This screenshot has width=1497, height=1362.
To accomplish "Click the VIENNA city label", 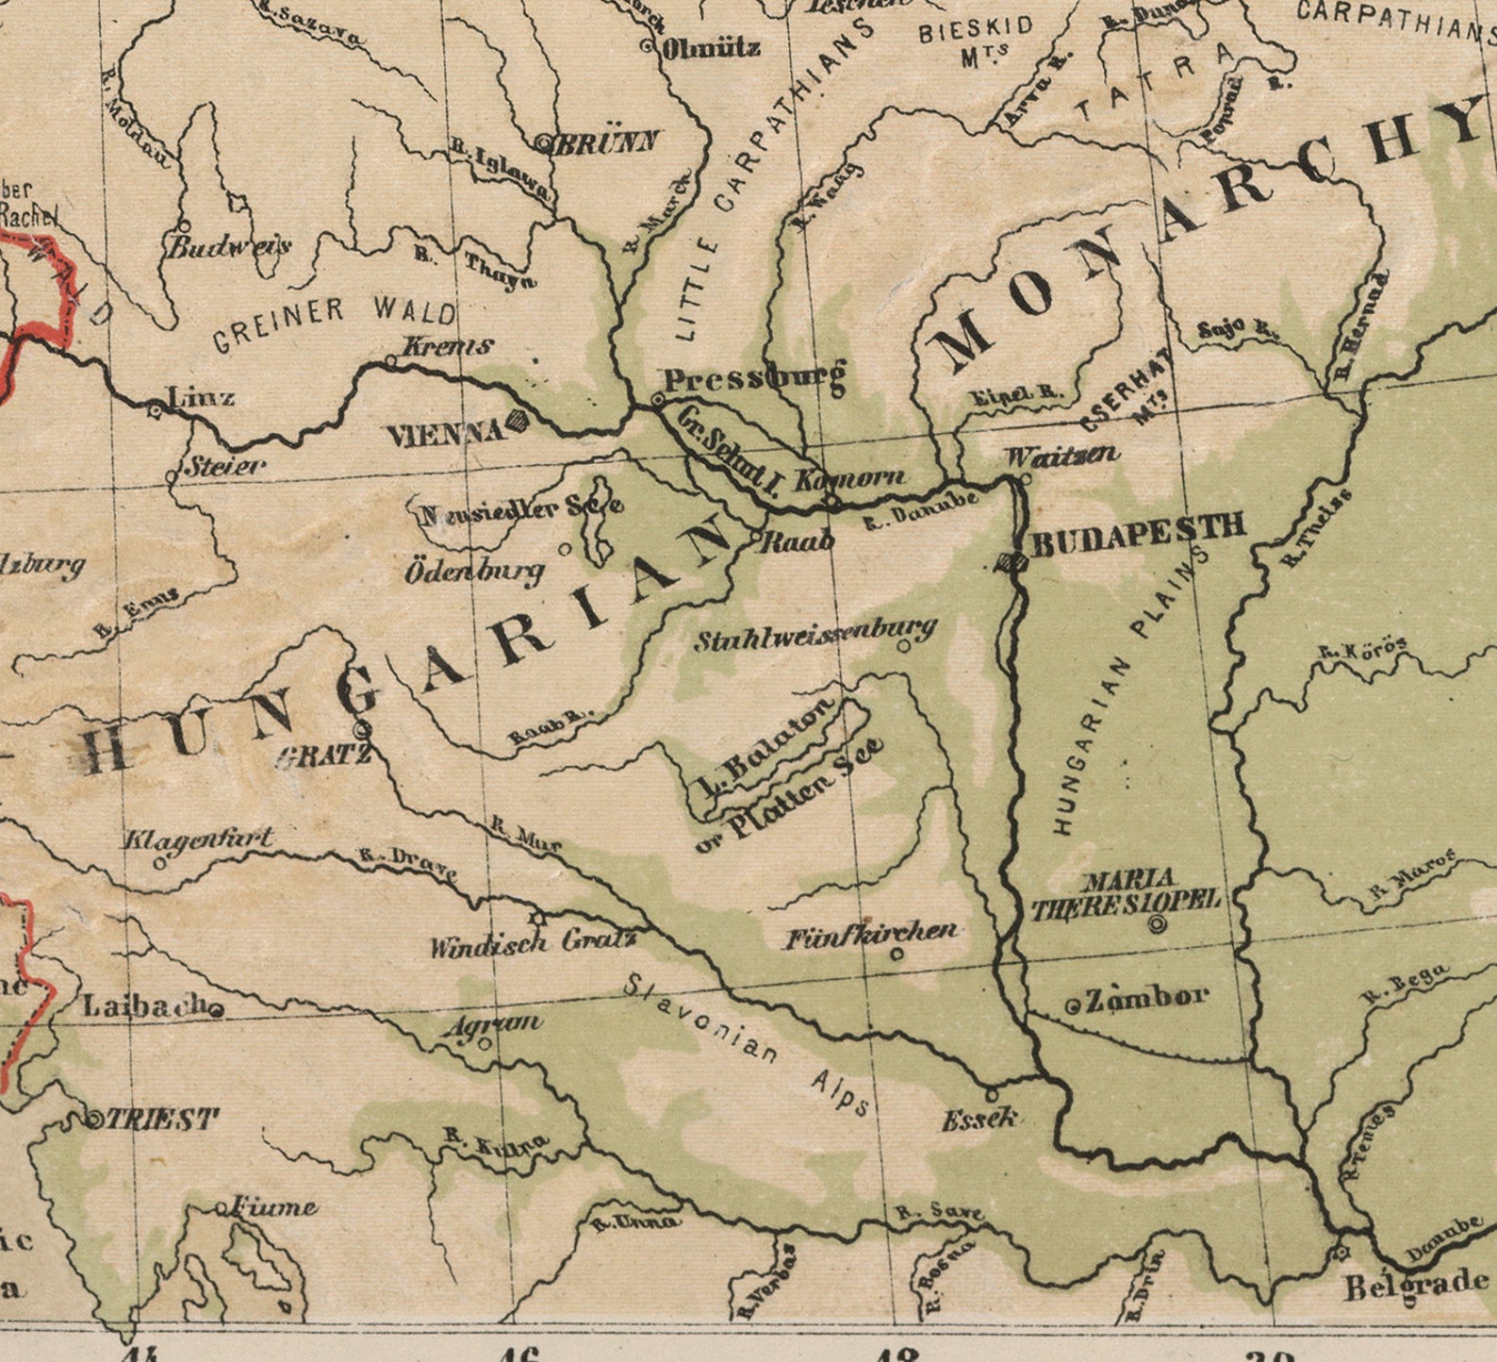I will tap(446, 434).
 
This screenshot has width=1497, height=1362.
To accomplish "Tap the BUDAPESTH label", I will tap(1139, 540).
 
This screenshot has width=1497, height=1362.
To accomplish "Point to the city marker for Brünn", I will tap(544, 144).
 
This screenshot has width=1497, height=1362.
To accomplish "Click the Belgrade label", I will tap(1416, 1285).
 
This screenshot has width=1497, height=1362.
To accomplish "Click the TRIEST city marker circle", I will tap(94, 1121).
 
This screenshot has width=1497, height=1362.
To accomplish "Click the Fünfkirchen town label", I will tap(872, 935).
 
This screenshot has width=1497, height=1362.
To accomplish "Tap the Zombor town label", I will tap(1146, 998).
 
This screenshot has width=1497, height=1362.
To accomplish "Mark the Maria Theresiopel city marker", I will tap(1158, 925).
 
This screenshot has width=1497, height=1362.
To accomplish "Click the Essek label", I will tap(980, 1120).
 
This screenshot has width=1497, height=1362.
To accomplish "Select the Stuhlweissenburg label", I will tap(815, 636).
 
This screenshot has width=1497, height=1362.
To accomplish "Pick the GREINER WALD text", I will tap(334, 321).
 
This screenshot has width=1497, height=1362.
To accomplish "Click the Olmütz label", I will tap(711, 47).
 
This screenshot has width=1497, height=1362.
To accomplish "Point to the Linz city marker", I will tap(156, 409).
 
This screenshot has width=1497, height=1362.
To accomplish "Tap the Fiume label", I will tap(273, 1206).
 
